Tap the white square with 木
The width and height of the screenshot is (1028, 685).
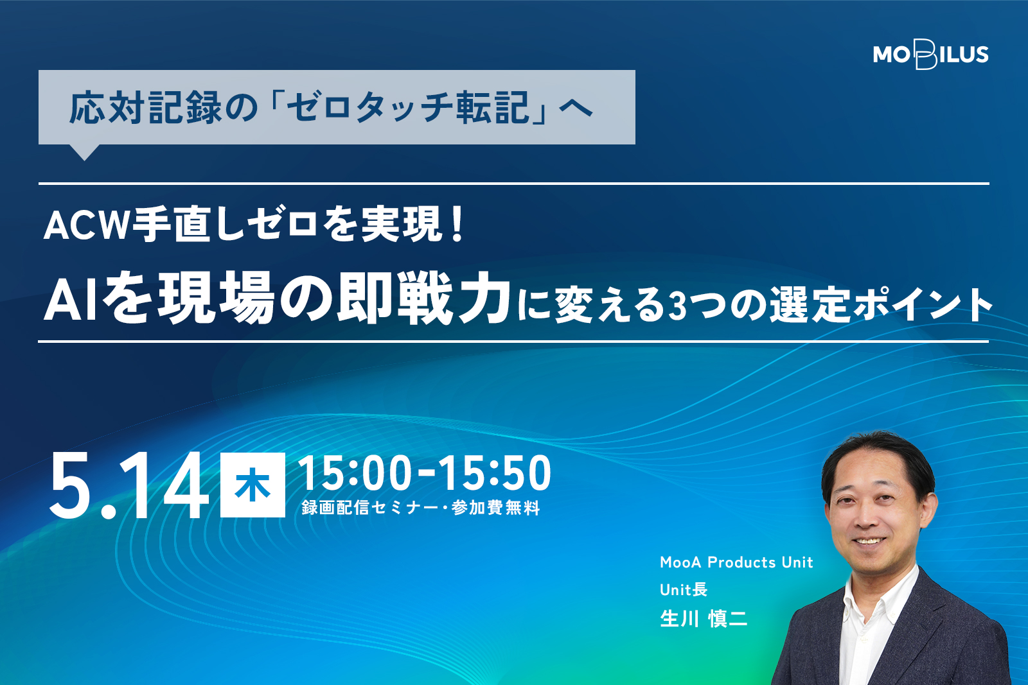tap(253, 485)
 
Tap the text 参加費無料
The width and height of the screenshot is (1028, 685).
tap(496, 508)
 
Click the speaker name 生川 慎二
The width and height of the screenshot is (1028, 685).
tap(704, 618)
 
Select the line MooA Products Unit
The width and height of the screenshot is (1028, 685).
tap(736, 562)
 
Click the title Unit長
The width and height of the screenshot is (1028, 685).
tap(684, 589)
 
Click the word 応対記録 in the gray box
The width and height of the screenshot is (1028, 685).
tap(146, 109)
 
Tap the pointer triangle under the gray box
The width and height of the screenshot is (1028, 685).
tap(84, 152)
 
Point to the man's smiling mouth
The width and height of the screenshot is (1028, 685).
tap(869, 541)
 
